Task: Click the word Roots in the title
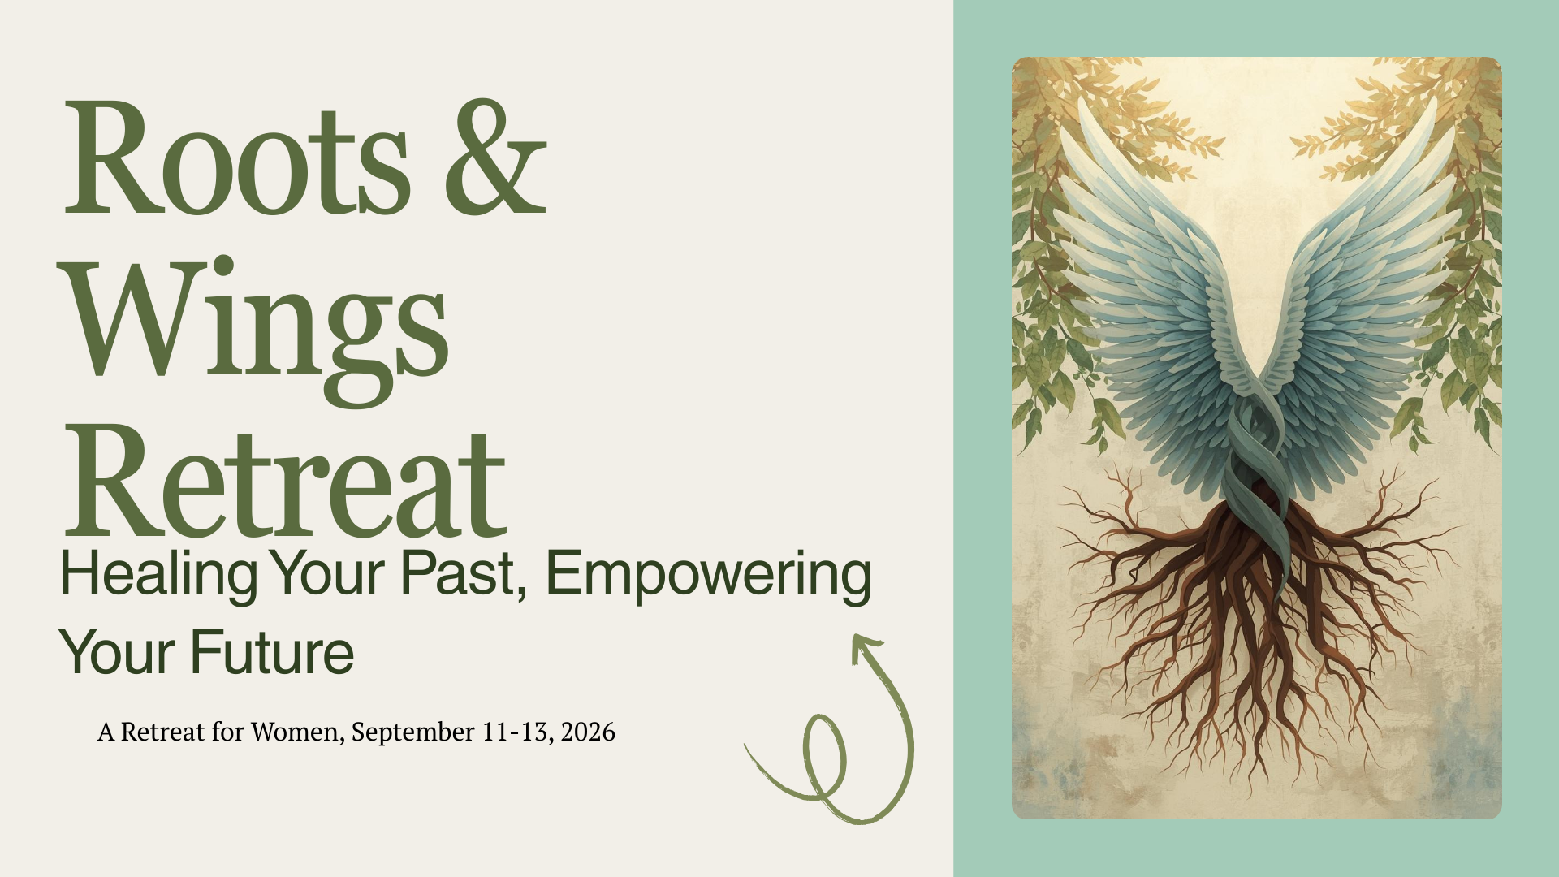[x=236, y=158]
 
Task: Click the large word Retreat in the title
[x=284, y=483]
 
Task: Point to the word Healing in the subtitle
[x=158, y=575]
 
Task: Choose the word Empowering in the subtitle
[x=708, y=575]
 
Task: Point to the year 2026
[x=588, y=732]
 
